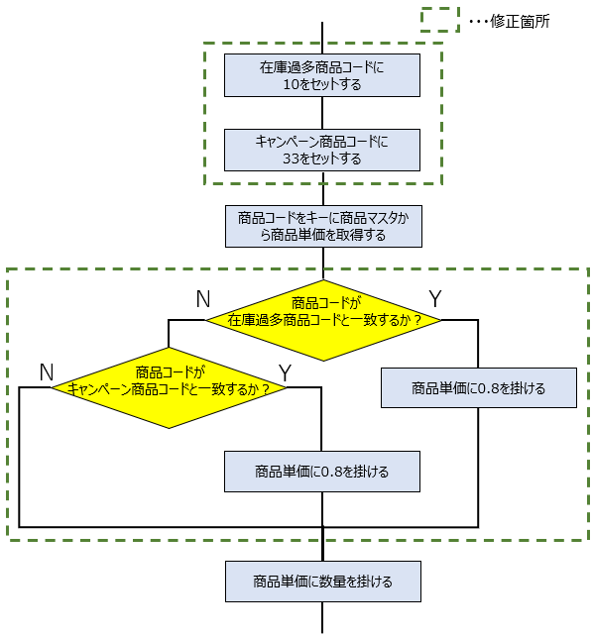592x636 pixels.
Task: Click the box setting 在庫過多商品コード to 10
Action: pyautogui.click(x=322, y=75)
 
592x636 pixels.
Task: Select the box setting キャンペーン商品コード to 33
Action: pyautogui.click(x=322, y=150)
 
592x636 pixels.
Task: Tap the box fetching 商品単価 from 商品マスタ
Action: pyautogui.click(x=323, y=226)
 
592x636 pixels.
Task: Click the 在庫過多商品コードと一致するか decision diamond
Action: pyautogui.click(x=323, y=320)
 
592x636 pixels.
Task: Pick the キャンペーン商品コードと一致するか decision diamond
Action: pyautogui.click(x=169, y=387)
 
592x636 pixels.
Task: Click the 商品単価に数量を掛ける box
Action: pyautogui.click(x=323, y=582)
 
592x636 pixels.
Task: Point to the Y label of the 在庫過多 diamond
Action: pyautogui.click(x=435, y=299)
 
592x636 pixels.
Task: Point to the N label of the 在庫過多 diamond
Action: pyautogui.click(x=203, y=299)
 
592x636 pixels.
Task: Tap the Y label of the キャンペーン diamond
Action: pyautogui.click(x=285, y=372)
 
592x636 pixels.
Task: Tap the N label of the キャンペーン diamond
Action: pyautogui.click(x=47, y=371)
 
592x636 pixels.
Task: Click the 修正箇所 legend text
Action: pyautogui.click(x=520, y=21)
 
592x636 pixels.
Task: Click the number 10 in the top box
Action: pyautogui.click(x=291, y=84)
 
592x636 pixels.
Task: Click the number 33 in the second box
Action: pyautogui.click(x=291, y=159)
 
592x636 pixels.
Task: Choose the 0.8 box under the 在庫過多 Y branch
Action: pyautogui.click(x=479, y=387)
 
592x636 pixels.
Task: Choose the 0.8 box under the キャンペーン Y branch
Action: pyautogui.click(x=322, y=472)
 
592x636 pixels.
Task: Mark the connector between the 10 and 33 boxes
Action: pyautogui.click(x=322, y=113)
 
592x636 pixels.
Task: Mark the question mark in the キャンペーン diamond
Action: pyautogui.click(x=265, y=389)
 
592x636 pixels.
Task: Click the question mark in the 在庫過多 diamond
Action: pyautogui.click(x=417, y=320)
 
